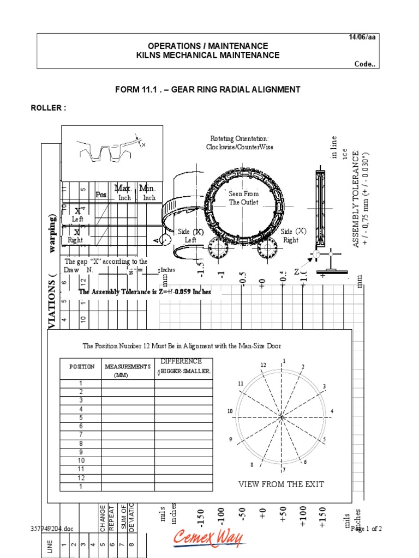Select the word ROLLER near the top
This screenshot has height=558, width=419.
(x=47, y=108)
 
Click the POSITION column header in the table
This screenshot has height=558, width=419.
(x=81, y=367)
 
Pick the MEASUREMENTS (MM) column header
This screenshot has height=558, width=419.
(x=128, y=371)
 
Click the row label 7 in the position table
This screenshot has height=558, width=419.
(x=81, y=434)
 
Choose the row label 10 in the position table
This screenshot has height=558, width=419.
(x=81, y=460)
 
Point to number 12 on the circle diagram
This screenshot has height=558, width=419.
(x=263, y=365)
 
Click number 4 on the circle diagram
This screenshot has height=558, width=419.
(x=332, y=411)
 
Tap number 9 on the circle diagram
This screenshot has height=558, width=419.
(x=231, y=439)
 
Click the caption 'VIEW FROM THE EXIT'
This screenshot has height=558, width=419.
(x=281, y=484)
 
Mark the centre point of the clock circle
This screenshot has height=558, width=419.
(x=282, y=417)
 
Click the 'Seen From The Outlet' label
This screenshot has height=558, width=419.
(x=244, y=198)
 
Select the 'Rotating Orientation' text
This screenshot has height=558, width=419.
(x=240, y=143)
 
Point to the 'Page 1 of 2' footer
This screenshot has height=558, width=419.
(x=367, y=529)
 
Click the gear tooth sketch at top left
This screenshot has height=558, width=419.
(x=112, y=153)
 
